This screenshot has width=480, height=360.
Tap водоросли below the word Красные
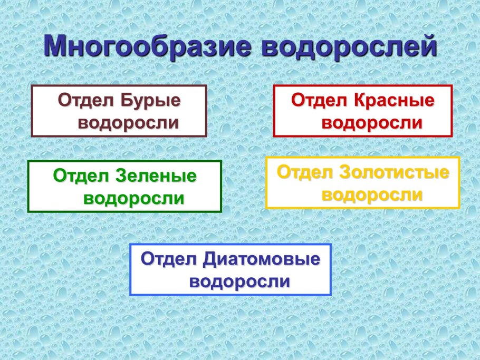tap(372, 123)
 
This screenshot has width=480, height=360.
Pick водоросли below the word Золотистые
tap(372, 195)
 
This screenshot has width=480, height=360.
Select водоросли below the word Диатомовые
tap(239, 281)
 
